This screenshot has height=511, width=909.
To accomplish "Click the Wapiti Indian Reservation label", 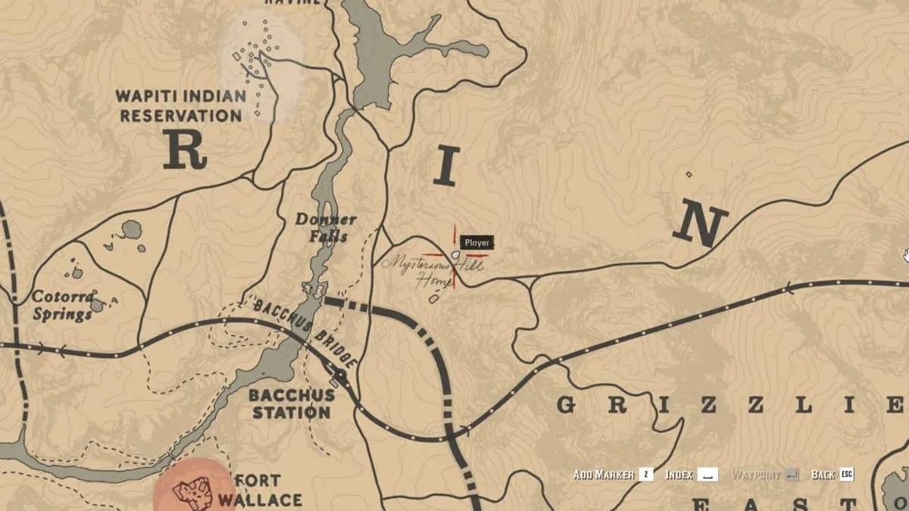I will tap(181, 106).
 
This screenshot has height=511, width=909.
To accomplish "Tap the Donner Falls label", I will tap(326, 228).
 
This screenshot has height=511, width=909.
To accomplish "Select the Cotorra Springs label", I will tap(62, 304).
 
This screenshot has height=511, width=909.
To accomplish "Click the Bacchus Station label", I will tap(292, 404).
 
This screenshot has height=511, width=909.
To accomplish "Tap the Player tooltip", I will tap(477, 243).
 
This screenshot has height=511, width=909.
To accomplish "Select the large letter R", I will tap(185, 149).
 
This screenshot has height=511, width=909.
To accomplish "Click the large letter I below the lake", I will tap(447, 167).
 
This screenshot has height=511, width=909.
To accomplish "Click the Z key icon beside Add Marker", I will tap(646, 475).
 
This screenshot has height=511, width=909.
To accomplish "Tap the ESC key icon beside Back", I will tap(847, 475).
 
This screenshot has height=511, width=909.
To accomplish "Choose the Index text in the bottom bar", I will tap(679, 475).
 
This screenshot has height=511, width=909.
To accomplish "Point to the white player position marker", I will tap(455, 256).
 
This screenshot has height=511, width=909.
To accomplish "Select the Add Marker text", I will tap(604, 475).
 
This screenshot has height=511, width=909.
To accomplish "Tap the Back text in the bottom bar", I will tap(823, 475).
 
